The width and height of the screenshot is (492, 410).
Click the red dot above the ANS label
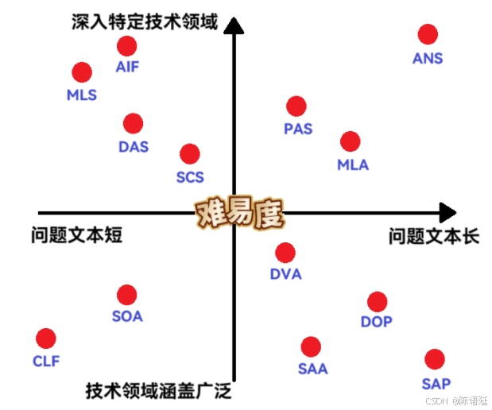(428, 34)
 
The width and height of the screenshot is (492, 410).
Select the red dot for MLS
(82, 72)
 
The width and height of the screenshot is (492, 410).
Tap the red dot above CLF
(46, 338)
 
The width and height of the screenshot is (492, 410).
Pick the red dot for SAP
(434, 359)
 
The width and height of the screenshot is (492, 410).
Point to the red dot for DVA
(285, 253)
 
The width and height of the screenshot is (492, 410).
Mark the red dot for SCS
(189, 153)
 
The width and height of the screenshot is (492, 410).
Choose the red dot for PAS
(296, 106)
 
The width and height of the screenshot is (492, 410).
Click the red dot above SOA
(126, 295)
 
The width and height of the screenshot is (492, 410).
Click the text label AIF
(127, 67)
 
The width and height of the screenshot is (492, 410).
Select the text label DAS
(134, 146)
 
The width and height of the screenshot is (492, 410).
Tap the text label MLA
(353, 165)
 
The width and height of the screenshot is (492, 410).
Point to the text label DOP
(377, 322)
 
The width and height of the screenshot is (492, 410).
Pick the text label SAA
(312, 369)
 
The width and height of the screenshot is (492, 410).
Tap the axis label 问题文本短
(77, 235)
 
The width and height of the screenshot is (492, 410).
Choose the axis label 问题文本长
(434, 236)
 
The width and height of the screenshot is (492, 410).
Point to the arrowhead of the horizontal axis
(447, 212)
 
